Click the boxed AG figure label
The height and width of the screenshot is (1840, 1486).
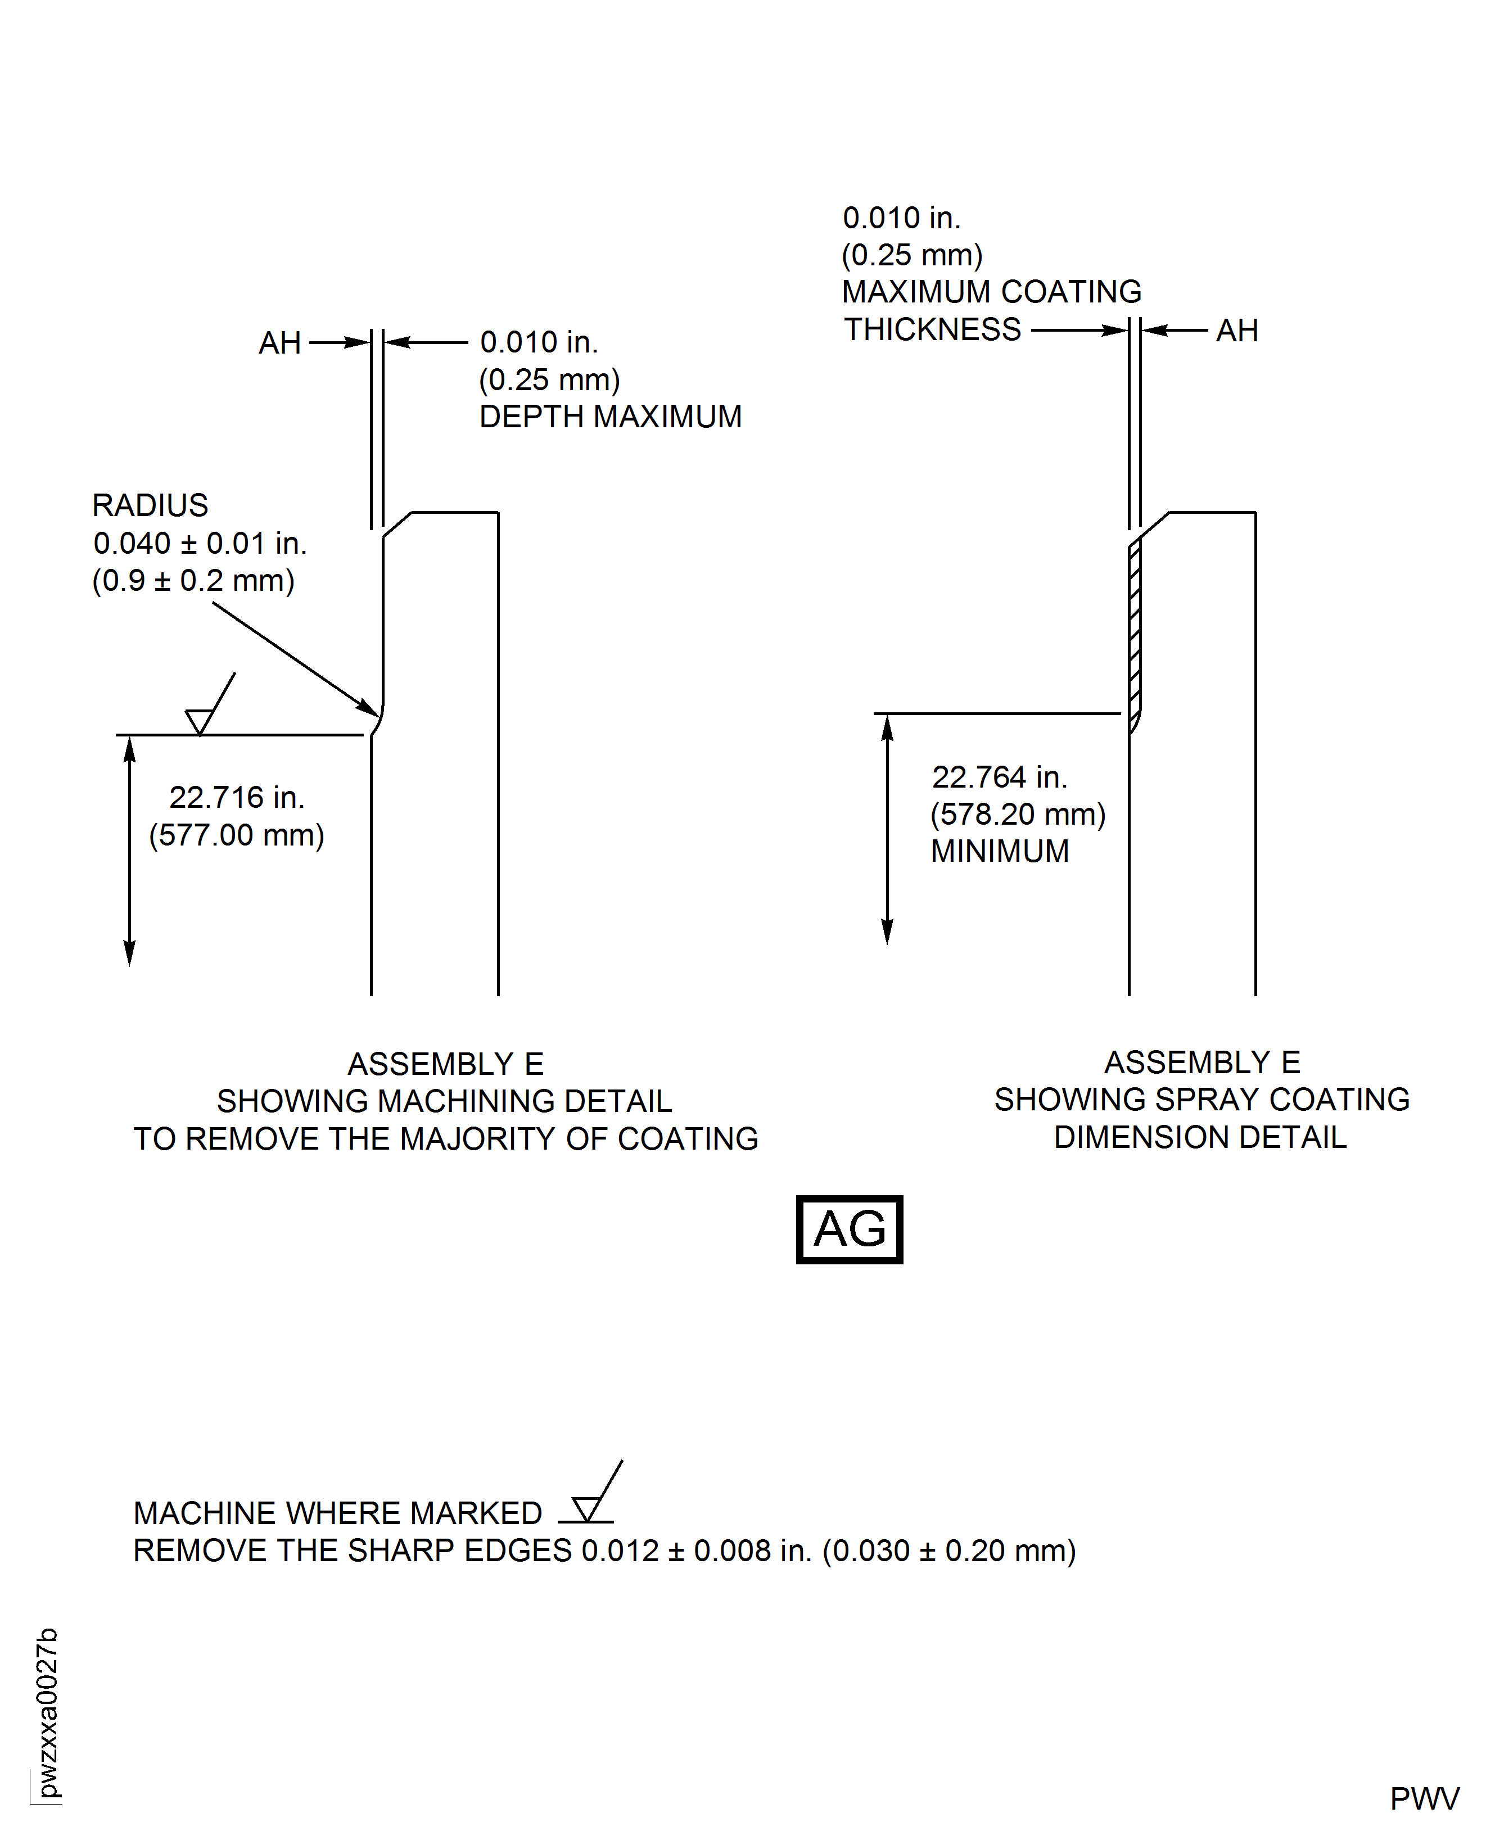pyautogui.click(x=848, y=1229)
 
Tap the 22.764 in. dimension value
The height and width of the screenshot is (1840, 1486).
pyautogui.click(x=999, y=777)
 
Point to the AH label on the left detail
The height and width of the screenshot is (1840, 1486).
pyautogui.click(x=280, y=343)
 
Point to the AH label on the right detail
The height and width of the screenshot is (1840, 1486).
pyautogui.click(x=1237, y=331)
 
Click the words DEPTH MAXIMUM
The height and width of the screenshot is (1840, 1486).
pyautogui.click(x=611, y=417)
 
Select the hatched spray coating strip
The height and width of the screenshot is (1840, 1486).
pyautogui.click(x=1135, y=634)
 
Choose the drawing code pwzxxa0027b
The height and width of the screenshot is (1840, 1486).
pyautogui.click(x=48, y=1712)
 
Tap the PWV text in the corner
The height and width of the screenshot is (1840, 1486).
pyautogui.click(x=1424, y=1798)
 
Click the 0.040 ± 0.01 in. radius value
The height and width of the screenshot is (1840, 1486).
pyautogui.click(x=200, y=544)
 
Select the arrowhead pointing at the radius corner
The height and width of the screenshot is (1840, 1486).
pyautogui.click(x=370, y=708)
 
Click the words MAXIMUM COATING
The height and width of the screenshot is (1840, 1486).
pyautogui.click(x=991, y=292)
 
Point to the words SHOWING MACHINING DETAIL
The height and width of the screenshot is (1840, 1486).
pyautogui.click(x=444, y=1101)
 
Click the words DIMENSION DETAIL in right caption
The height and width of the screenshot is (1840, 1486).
pyautogui.click(x=1200, y=1137)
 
